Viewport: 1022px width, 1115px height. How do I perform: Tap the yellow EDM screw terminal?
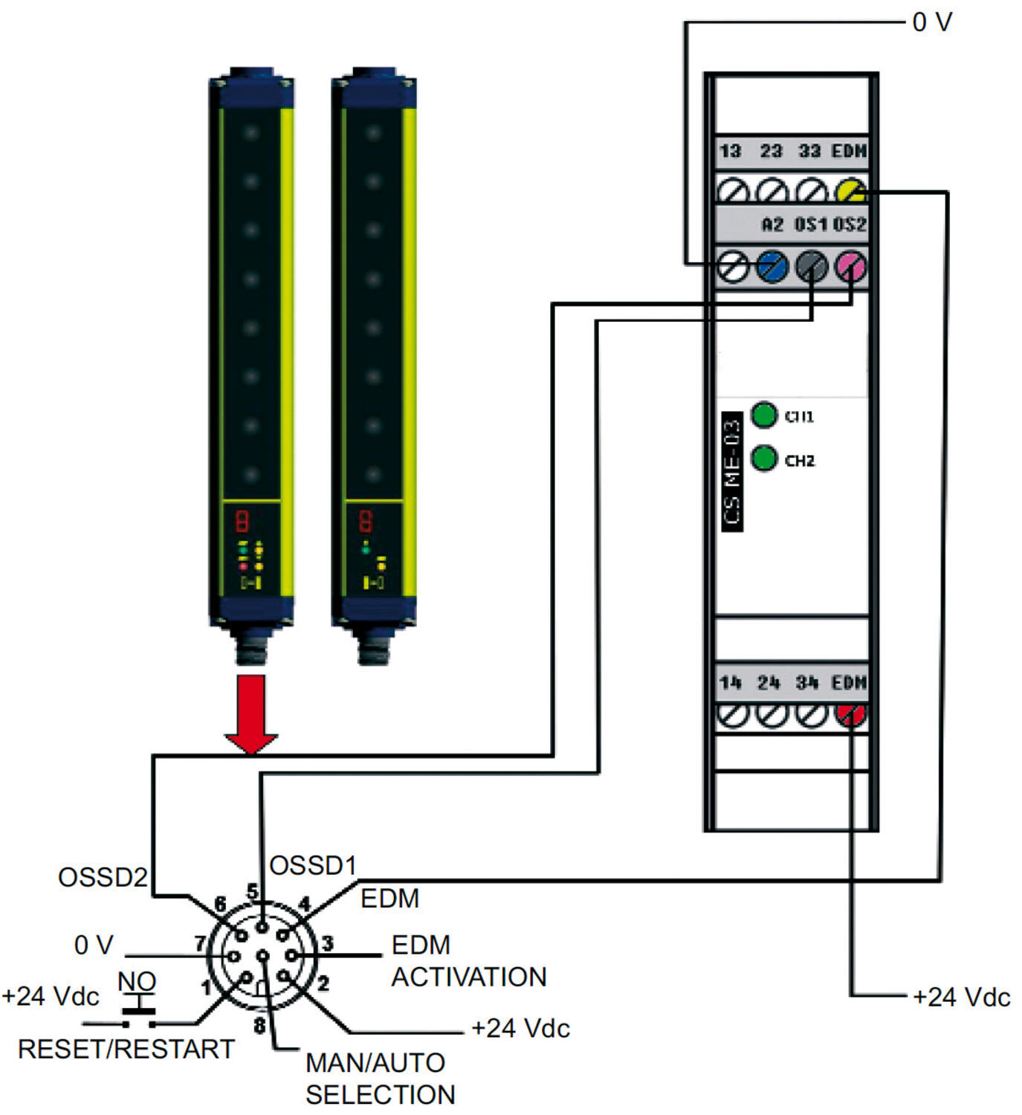[850, 191]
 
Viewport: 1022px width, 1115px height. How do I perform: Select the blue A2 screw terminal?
[772, 266]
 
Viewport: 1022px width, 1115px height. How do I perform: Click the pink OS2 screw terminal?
[850, 266]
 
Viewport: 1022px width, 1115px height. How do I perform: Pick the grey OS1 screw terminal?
[812, 266]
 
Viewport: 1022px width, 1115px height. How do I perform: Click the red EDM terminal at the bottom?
[850, 715]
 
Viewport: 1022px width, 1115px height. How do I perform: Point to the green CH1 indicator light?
[764, 415]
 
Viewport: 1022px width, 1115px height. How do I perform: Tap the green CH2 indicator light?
[764, 458]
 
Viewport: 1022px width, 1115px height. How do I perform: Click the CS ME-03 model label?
[732, 471]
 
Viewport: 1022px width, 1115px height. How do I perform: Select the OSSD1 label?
[313, 865]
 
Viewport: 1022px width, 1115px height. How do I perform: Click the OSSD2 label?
[103, 877]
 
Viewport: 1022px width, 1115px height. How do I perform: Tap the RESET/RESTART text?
[126, 1049]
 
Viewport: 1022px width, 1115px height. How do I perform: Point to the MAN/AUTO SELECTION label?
[380, 1079]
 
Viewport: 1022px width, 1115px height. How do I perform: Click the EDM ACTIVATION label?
[468, 960]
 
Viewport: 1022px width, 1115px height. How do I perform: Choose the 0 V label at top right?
[932, 22]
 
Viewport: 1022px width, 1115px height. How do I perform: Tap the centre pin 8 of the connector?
[262, 956]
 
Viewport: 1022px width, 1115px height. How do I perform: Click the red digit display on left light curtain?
[242, 521]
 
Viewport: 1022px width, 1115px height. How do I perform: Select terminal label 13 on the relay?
[730, 151]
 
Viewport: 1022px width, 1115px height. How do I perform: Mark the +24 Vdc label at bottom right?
[961, 997]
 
